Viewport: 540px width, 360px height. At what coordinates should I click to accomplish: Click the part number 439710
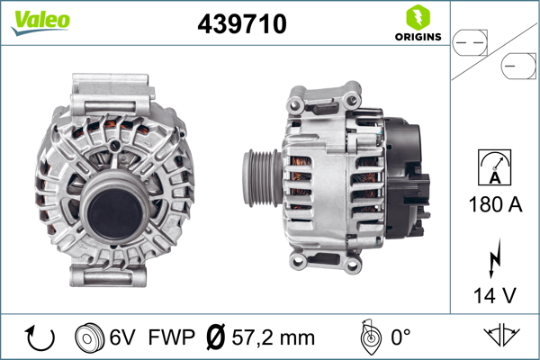pos(241,25)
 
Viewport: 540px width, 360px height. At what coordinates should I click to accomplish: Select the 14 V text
pos(495,294)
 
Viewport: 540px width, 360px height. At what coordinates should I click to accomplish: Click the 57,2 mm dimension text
pos(274,338)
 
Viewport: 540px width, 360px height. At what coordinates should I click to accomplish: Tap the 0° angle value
pos(400,338)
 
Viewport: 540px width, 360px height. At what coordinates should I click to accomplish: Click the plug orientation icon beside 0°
pos(366,337)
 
